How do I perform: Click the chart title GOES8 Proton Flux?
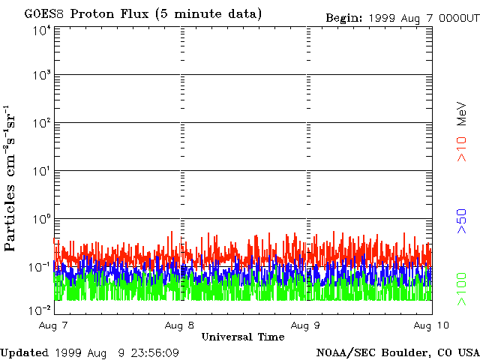pyautogui.click(x=143, y=14)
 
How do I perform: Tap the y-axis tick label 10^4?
pyautogui.click(x=40, y=31)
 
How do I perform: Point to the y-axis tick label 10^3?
pyautogui.click(x=40, y=76)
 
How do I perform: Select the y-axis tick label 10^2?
pyautogui.click(x=40, y=123)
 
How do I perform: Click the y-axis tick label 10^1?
pyautogui.click(x=40, y=171)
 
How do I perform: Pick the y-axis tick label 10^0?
pyautogui.click(x=40, y=219)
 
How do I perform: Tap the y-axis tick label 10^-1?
pyautogui.click(x=39, y=267)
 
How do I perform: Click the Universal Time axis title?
pyautogui.click(x=243, y=337)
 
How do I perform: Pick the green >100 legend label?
pyautogui.click(x=463, y=289)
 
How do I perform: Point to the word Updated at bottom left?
pyautogui.click(x=25, y=352)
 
